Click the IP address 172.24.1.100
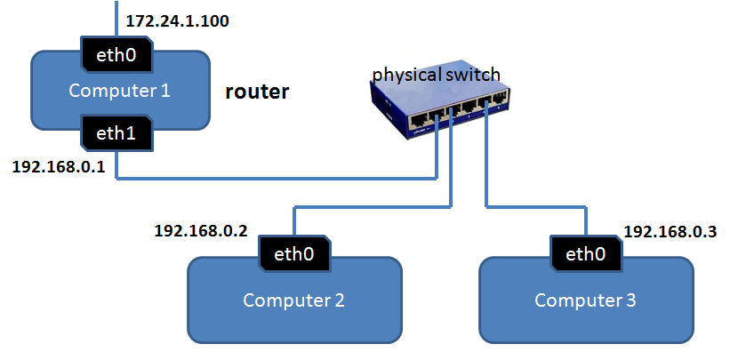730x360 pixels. tap(177, 21)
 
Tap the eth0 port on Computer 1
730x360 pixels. tap(116, 55)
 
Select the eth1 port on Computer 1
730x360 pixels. tap(116, 132)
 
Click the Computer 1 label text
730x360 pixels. tap(120, 91)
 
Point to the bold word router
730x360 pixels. tap(257, 92)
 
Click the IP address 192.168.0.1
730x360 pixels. tap(59, 167)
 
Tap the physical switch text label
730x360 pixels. tap(437, 75)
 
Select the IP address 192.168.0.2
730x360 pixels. tap(201, 231)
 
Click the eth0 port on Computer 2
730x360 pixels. tap(294, 254)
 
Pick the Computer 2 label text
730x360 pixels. tap(293, 300)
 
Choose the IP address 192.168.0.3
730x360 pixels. tap(670, 232)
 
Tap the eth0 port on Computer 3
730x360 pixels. tap(586, 254)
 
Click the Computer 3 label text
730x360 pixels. tap(585, 300)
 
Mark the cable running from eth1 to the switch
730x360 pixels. tap(276, 178)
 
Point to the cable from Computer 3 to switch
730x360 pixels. tap(535, 205)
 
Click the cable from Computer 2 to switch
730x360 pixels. tap(373, 205)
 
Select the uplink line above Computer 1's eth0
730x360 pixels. tap(116, 19)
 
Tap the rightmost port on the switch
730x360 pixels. tap(499, 100)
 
